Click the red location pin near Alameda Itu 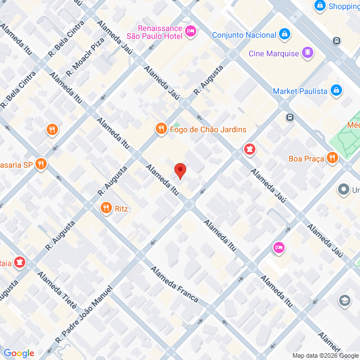[x=180, y=170]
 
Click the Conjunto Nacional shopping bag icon [x=285, y=34]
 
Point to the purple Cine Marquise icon [x=307, y=53]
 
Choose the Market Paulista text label [x=299, y=91]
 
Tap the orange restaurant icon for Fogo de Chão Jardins [x=161, y=129]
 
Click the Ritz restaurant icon [x=105, y=209]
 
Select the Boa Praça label [x=305, y=158]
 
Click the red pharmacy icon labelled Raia [x=20, y=262]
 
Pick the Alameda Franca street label [x=174, y=284]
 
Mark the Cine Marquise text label [x=273, y=54]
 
